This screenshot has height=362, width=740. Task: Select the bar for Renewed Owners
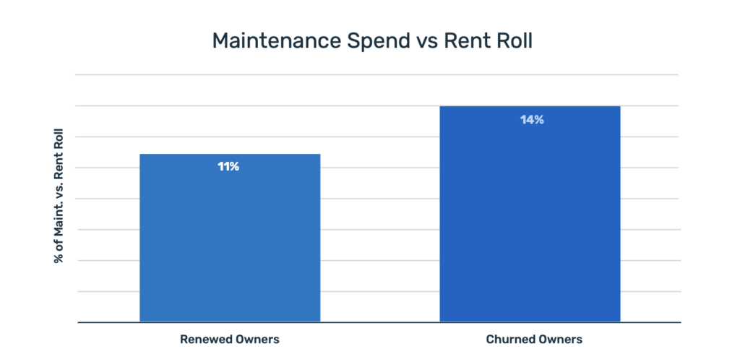(x=230, y=238)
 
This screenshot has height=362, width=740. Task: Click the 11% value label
(x=228, y=167)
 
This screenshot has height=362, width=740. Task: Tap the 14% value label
(x=531, y=120)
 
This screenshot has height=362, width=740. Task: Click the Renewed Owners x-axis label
(x=229, y=339)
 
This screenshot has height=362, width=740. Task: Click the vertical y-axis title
(x=59, y=197)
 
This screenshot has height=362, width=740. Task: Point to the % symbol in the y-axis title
(x=59, y=258)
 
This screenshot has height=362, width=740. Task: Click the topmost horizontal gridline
(x=376, y=74)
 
